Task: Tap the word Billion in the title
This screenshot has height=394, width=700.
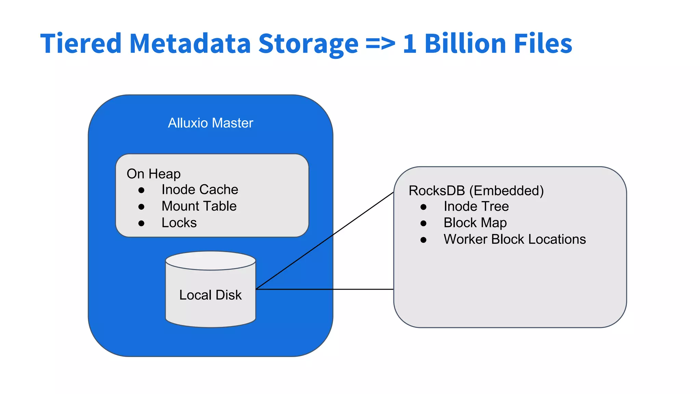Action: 465,44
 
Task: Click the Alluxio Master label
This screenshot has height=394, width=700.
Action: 211,123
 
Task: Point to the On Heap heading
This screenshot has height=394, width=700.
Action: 153,174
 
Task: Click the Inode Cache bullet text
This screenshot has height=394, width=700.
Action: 200,190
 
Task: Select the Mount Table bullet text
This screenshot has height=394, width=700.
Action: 199,206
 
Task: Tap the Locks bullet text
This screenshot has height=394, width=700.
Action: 179,223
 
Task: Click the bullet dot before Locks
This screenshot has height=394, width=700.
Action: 141,224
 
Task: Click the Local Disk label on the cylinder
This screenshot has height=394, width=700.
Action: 211,295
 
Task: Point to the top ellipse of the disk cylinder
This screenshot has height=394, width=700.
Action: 211,261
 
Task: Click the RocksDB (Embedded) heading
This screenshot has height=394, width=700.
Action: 476,191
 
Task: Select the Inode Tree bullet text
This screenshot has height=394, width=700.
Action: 476,207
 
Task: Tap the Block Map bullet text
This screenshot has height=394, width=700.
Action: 475,223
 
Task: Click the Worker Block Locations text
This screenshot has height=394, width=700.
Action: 515,239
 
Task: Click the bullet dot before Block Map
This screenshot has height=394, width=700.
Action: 423,224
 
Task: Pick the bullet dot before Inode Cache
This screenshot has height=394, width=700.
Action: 141,191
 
